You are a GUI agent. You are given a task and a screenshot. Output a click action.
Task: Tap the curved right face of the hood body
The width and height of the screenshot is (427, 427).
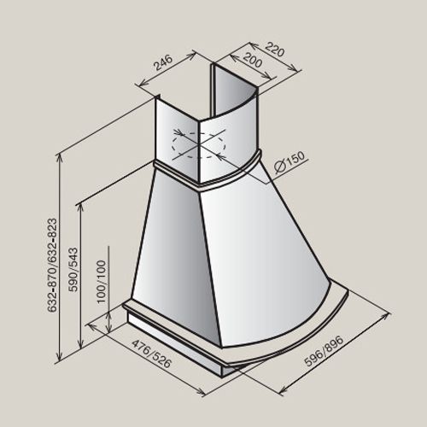[x=265, y=248]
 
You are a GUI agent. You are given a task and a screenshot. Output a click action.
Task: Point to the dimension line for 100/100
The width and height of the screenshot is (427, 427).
[x=110, y=323]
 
